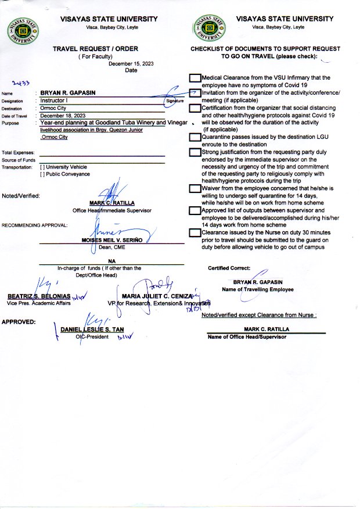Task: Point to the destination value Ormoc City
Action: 55,108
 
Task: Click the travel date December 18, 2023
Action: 63,116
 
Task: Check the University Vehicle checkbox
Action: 42,167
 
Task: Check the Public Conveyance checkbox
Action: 42,174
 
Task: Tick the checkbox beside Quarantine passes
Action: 195,138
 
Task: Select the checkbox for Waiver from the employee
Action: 195,189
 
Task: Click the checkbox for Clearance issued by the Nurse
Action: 195,233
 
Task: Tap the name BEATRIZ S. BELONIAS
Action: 39,296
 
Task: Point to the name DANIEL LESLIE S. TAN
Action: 92,330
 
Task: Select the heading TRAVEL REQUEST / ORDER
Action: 95,49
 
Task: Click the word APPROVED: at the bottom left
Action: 19,322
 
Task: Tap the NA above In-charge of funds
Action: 111,261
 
